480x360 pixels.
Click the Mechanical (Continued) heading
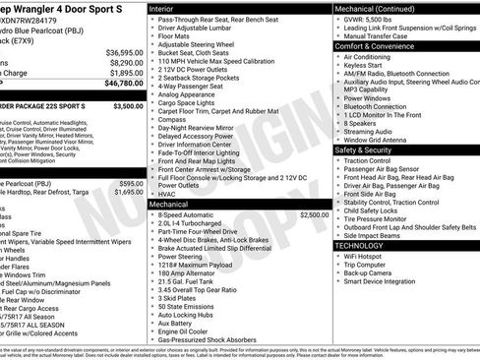(379, 7)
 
